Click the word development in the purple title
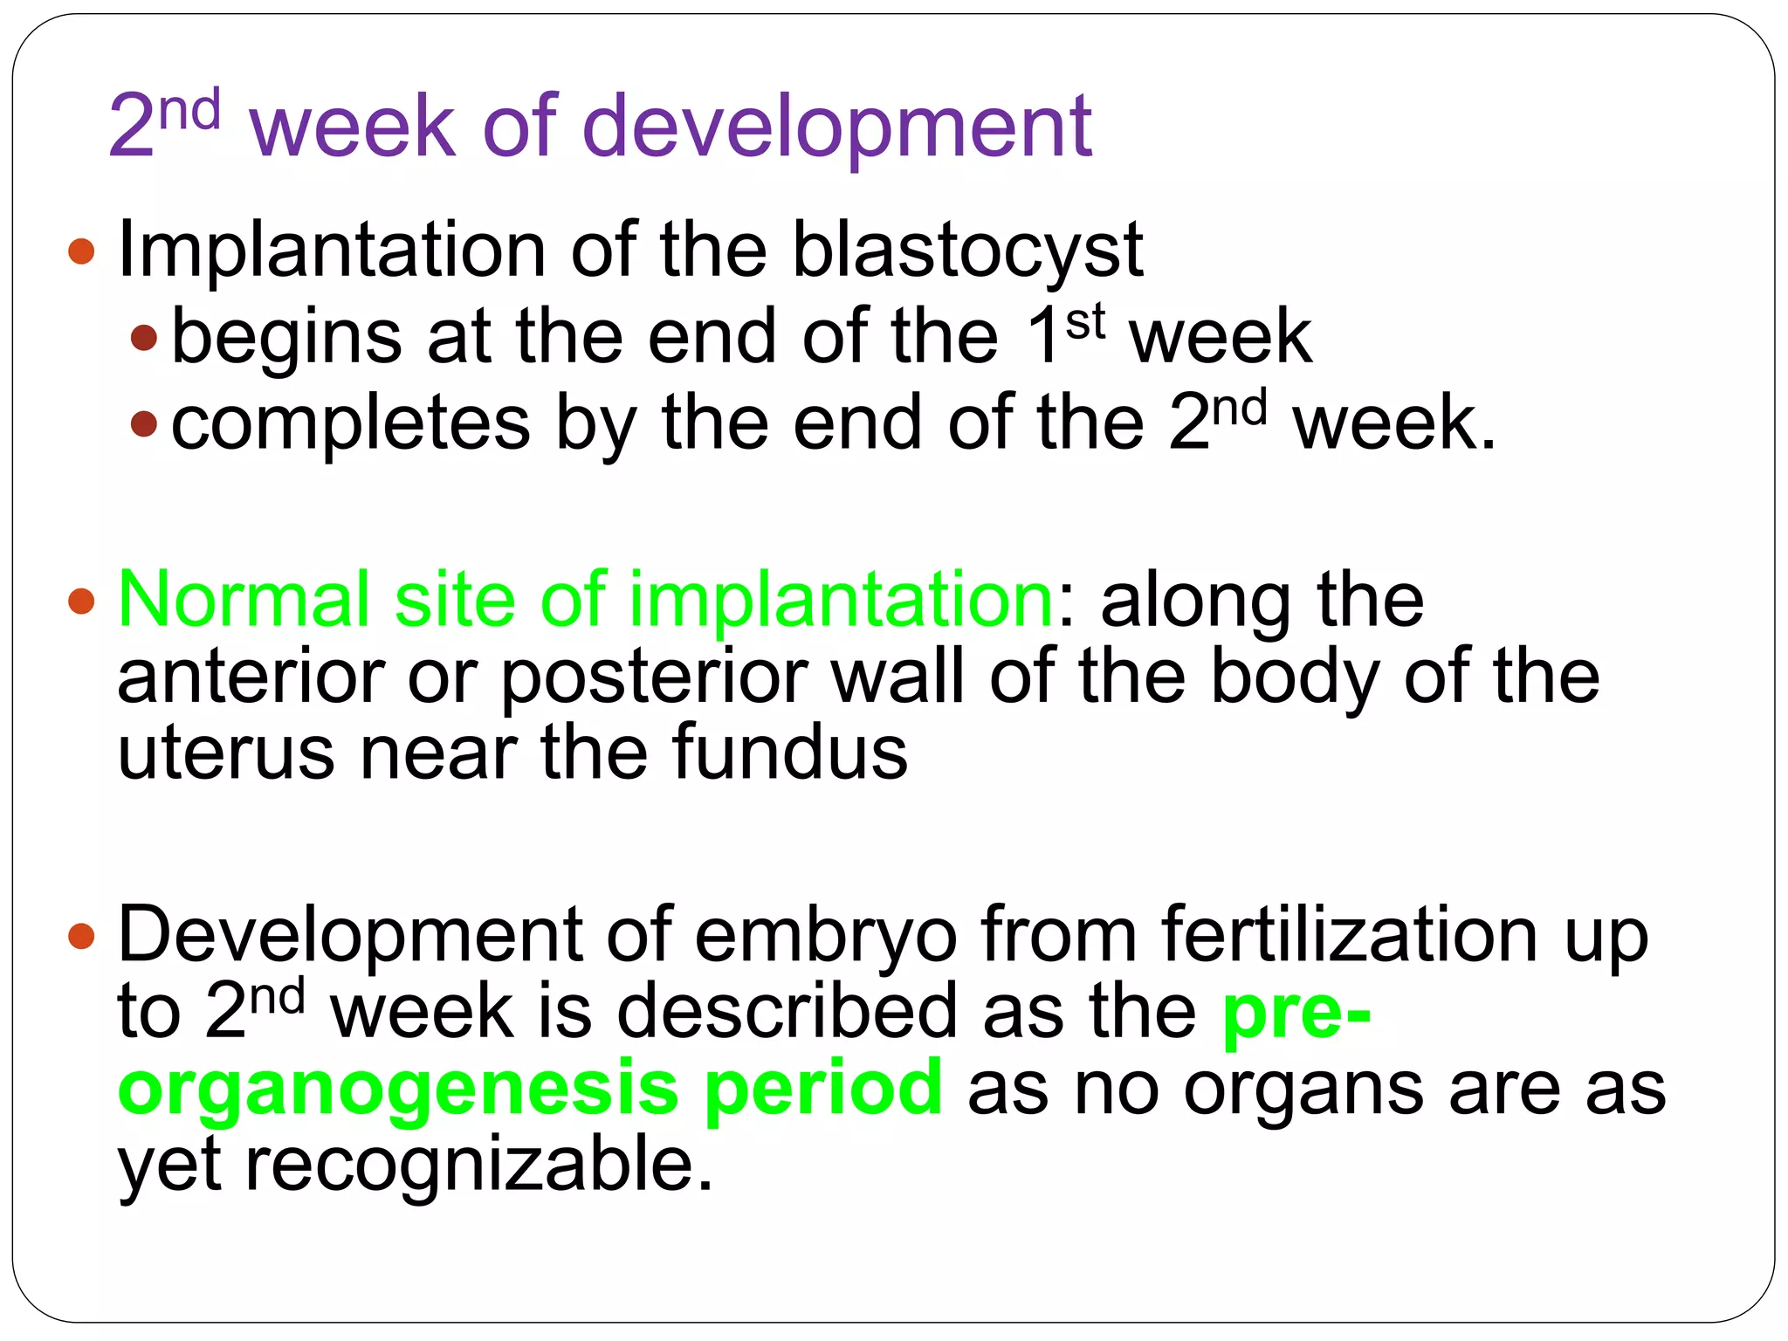(x=836, y=127)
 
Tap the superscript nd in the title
(x=189, y=112)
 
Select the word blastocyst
(x=966, y=251)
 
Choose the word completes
(x=350, y=425)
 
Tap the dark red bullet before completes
(x=144, y=425)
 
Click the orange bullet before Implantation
(x=81, y=251)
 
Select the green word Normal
(x=244, y=601)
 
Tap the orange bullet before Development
(x=81, y=938)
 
